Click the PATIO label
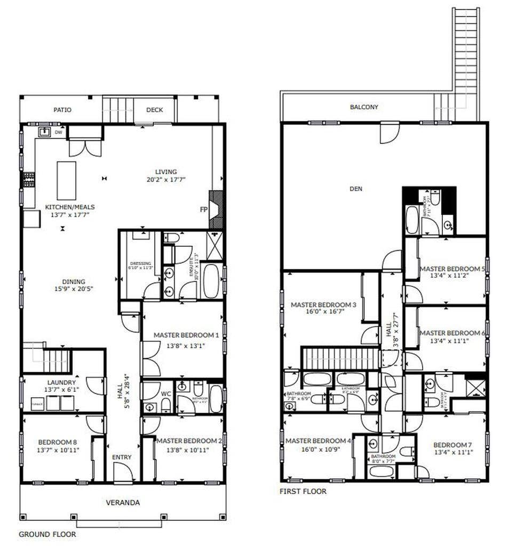tap(62, 110)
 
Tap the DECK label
tap(155, 110)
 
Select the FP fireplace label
tap(203, 210)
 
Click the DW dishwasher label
tap(58, 132)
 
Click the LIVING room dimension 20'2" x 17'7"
tap(166, 180)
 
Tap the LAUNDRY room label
tap(61, 382)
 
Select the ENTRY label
tap(122, 457)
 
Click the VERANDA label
tap(122, 502)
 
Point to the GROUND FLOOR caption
tap(47, 534)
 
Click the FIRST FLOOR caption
tap(303, 491)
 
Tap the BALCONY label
tap(364, 107)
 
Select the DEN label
tap(356, 189)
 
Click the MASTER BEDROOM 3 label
tap(323, 304)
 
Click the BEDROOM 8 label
tap(55, 441)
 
